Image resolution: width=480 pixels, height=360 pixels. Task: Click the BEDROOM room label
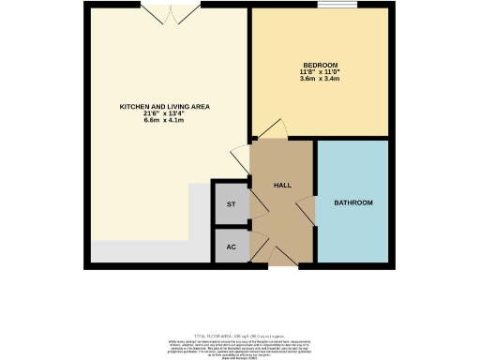coord(320,65)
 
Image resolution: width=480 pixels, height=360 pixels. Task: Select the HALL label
coord(281,186)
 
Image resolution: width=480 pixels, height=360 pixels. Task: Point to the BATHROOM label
coord(354,202)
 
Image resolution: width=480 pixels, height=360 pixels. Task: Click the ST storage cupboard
coord(232,202)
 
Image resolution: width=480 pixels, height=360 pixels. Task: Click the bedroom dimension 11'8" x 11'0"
coord(320,72)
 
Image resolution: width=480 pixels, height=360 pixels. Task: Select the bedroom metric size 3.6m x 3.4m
coord(320,80)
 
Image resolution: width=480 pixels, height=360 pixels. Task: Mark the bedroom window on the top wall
coord(329,7)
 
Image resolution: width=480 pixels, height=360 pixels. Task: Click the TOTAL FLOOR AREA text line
coord(239,334)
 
